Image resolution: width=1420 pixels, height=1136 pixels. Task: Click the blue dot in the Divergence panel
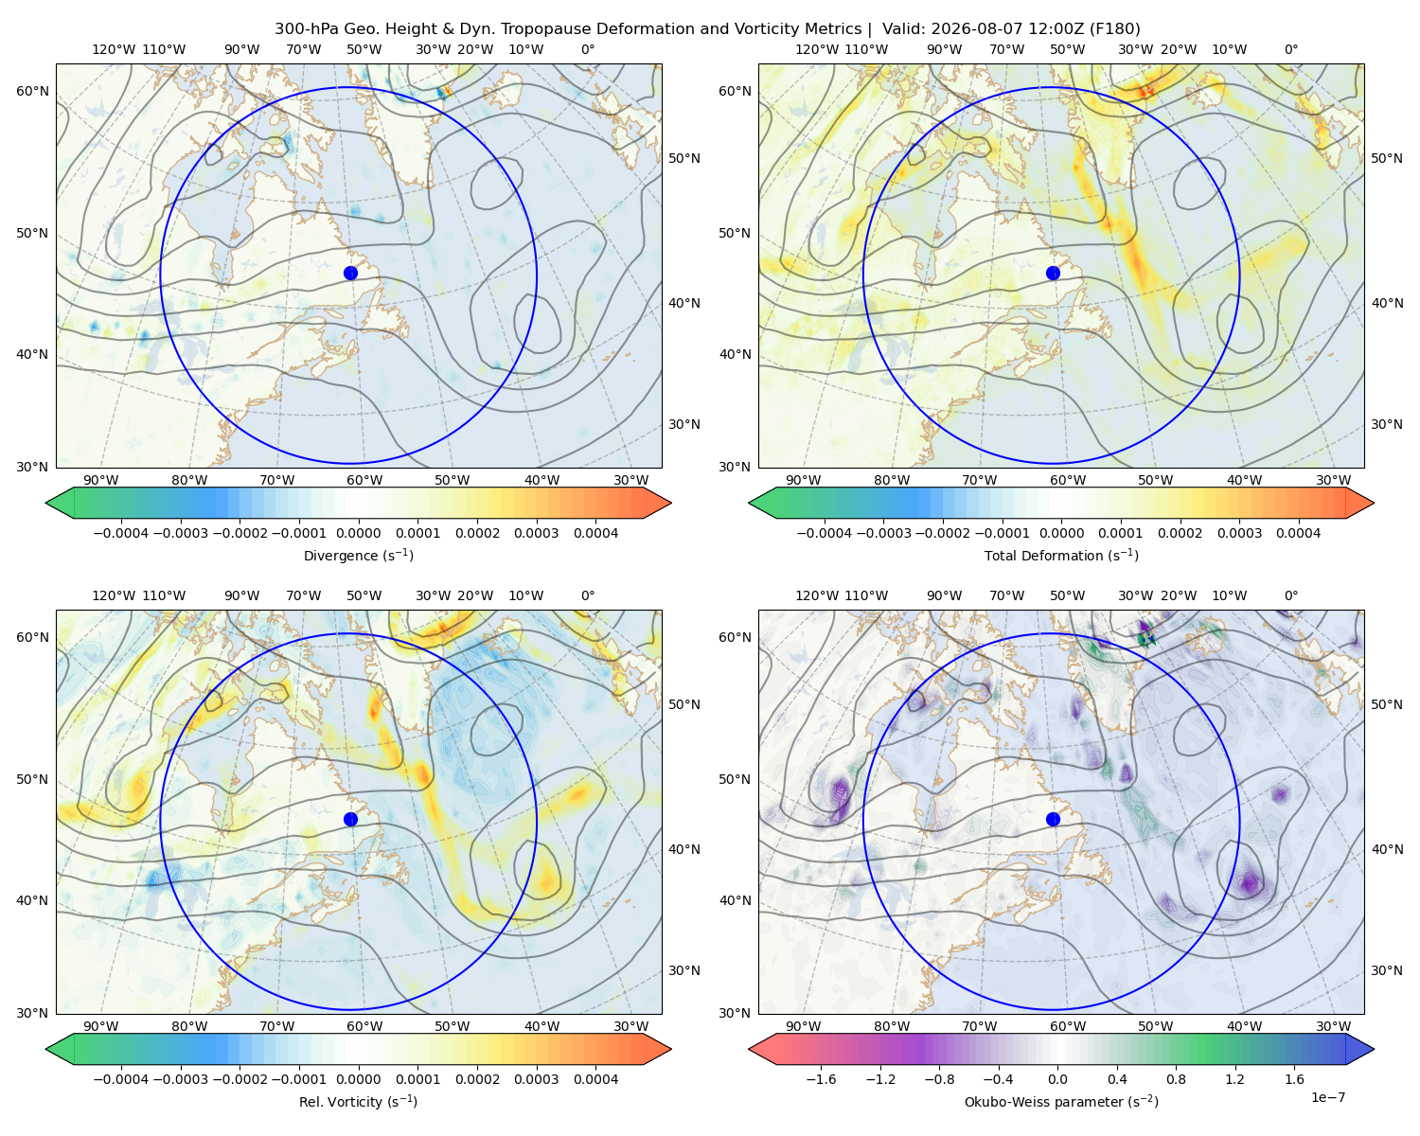(350, 273)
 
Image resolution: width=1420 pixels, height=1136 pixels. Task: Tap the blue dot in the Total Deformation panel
(1053, 273)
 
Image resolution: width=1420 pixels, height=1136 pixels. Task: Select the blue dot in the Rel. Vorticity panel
(350, 819)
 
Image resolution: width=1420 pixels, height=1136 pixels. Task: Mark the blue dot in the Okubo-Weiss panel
(1053, 819)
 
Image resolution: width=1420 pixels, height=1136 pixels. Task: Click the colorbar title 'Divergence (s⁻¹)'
(358, 555)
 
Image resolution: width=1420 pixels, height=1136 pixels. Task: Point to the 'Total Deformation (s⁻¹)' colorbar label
(1061, 555)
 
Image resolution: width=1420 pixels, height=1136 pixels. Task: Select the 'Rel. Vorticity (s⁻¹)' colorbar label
(358, 1101)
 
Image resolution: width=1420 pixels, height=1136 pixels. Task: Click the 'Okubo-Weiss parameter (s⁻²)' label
(1061, 1101)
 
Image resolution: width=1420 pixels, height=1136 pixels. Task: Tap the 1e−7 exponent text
(1327, 1097)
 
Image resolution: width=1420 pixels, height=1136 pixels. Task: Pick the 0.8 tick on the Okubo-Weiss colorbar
(1176, 1078)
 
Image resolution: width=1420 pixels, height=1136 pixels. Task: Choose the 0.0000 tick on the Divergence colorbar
(358, 533)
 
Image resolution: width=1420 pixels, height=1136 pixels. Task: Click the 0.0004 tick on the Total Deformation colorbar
(1299, 533)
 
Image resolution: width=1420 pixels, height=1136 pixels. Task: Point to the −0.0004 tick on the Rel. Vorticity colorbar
(121, 1078)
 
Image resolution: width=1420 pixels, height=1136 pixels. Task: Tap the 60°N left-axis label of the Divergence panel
(32, 91)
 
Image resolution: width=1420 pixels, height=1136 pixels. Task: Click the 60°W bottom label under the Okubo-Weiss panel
(1067, 1026)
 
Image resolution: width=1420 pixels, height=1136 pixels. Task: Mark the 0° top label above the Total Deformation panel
(1291, 49)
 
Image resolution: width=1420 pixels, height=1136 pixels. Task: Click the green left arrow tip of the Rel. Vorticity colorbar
(46, 1049)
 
